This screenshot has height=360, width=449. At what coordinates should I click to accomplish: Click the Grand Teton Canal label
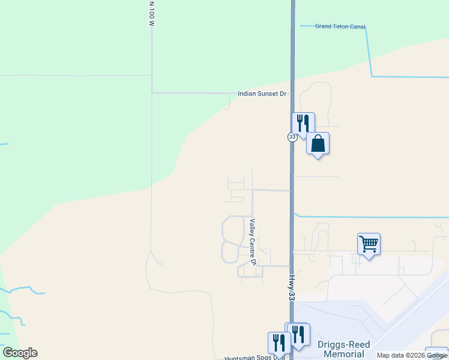pos(340,26)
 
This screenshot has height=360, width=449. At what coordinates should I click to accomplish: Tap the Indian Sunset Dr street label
pos(264,94)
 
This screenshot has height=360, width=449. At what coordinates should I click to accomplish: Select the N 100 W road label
pos(152,14)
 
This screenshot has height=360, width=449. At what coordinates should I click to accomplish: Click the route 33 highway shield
pos(292,137)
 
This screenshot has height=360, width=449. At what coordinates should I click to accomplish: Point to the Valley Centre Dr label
pos(253,242)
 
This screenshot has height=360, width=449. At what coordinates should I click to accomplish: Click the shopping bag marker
pos(318,144)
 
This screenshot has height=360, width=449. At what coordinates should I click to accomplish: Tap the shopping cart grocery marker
pos(369,244)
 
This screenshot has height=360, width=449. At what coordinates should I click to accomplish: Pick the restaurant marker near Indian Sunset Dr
pos(303,124)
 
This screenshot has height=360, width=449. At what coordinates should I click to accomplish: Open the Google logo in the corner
pos(20,353)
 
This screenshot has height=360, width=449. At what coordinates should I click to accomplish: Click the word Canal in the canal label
pos(357,26)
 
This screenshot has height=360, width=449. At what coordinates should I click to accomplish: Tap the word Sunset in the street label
pos(268,94)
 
